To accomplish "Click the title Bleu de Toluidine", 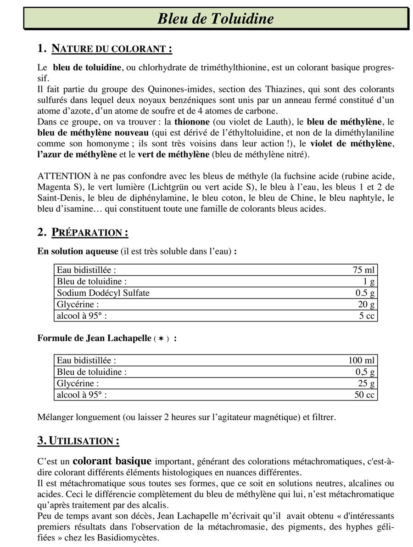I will (215, 18).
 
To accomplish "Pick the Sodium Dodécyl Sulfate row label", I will (103, 293).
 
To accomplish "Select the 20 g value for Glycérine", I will (366, 305).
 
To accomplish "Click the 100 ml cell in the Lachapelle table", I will (362, 361).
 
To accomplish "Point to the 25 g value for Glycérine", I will (366, 383).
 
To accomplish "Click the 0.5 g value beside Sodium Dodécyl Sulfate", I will (365, 293).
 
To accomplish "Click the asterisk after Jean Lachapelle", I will (161, 338).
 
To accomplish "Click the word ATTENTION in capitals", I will (64, 176).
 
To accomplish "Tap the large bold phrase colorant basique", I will (112, 461).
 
